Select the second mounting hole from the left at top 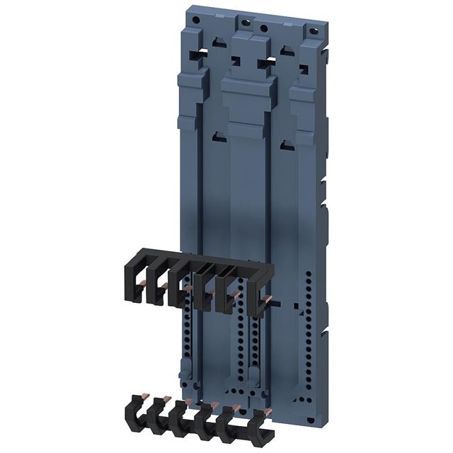tap(246, 23)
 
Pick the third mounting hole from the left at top tap(263, 29)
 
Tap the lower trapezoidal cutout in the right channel tap(286, 147)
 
